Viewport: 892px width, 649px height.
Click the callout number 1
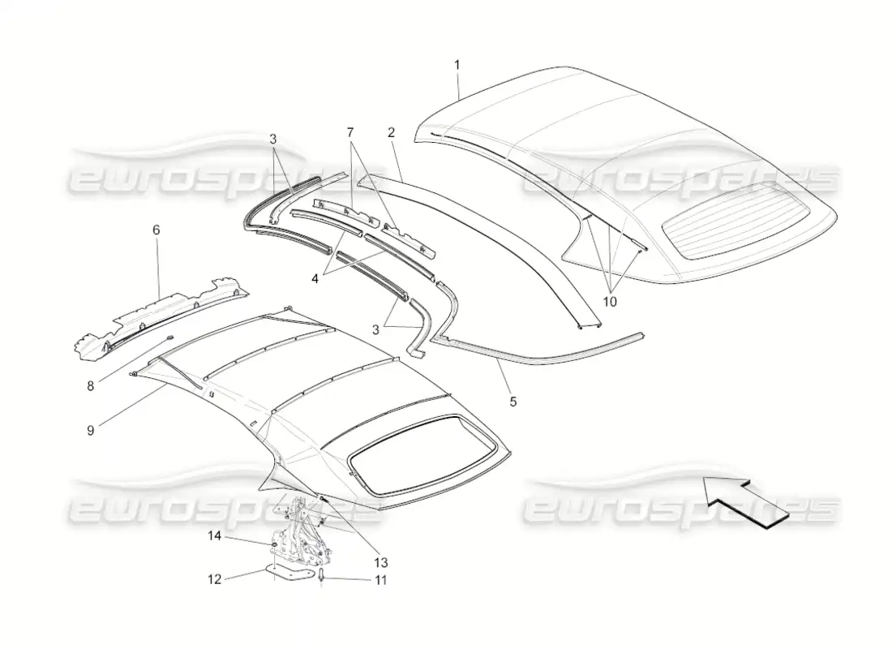click(457, 65)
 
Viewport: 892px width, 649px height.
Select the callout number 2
click(391, 133)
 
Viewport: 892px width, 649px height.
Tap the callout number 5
click(512, 402)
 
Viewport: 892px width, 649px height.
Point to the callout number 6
click(156, 230)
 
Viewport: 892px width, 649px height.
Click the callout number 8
click(91, 386)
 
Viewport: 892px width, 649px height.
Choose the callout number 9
click(91, 431)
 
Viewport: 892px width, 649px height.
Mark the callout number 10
click(609, 302)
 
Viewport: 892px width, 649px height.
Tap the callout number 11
click(380, 580)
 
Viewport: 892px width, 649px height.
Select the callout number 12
click(214, 579)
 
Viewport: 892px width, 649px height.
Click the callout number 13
click(380, 562)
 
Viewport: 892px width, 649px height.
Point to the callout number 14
click(213, 535)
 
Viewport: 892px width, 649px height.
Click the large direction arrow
click(746, 504)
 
